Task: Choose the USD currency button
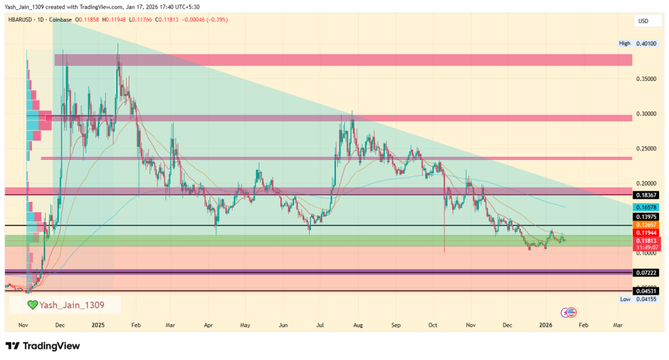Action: tap(644, 21)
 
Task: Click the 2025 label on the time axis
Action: tap(98, 324)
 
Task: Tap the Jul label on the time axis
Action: tap(321, 324)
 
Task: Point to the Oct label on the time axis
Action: tap(433, 324)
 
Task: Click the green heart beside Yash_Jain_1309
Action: tap(31, 304)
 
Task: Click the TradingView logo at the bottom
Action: tap(42, 346)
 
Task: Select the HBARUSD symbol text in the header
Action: tap(19, 21)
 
